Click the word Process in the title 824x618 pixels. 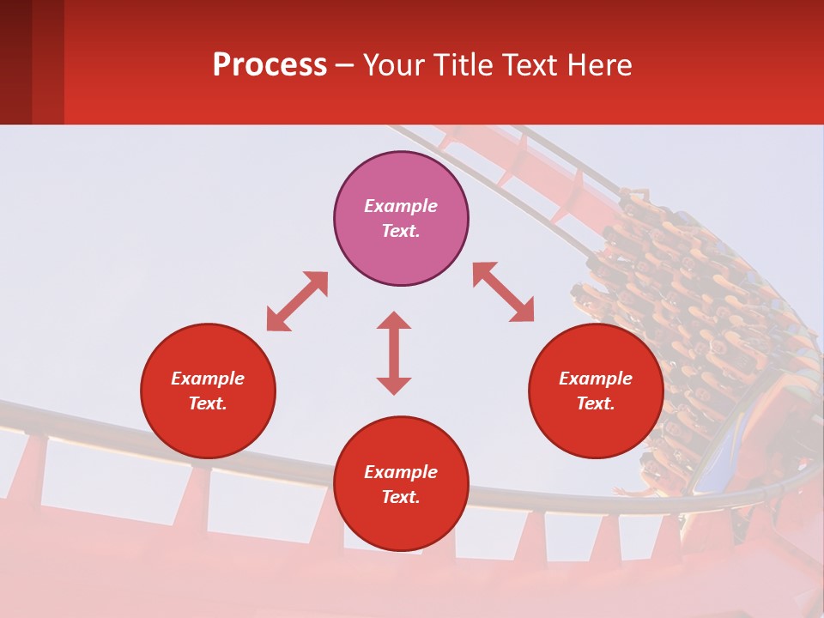click(270, 65)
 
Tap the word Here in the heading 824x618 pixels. click(598, 65)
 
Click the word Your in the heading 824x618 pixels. click(396, 65)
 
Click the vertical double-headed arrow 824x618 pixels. click(394, 353)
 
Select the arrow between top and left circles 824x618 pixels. click(297, 301)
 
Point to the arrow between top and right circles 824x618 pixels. click(503, 292)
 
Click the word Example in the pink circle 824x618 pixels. click(401, 206)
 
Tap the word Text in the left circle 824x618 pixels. click(208, 403)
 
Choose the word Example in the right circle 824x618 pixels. click(596, 379)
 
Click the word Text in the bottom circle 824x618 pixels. click(401, 497)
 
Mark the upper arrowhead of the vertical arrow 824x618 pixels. click(394, 320)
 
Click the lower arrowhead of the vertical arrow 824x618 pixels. click(394, 385)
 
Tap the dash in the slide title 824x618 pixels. click(344, 66)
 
